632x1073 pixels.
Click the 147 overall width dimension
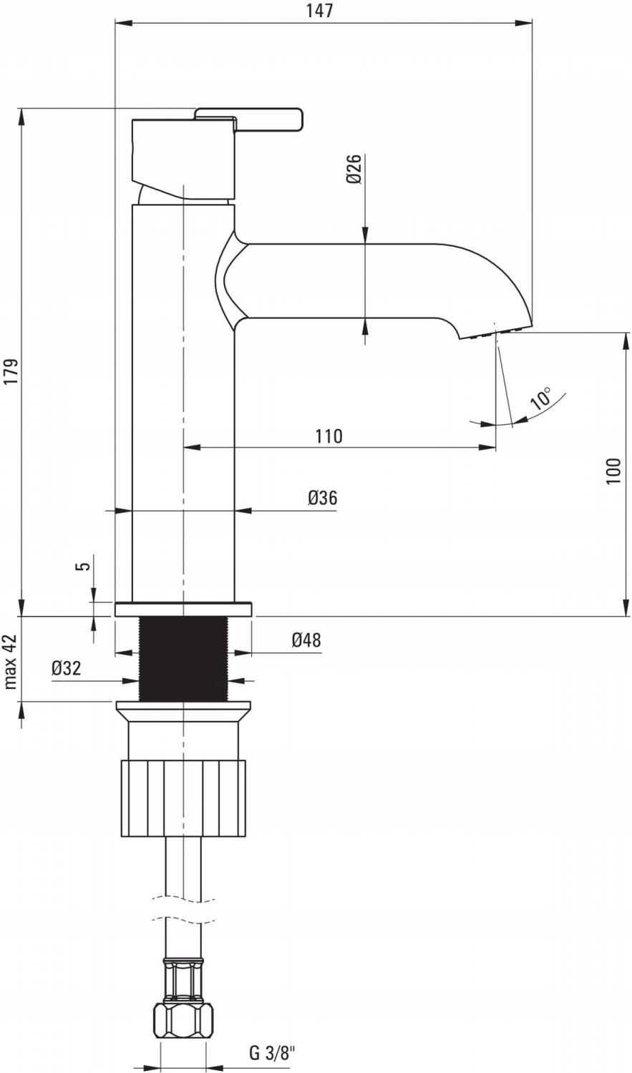(x=320, y=10)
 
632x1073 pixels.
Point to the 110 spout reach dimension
(x=329, y=436)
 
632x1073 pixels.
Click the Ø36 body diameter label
(x=323, y=498)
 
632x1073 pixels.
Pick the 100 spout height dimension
(x=614, y=471)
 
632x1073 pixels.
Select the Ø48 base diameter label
(x=306, y=640)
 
